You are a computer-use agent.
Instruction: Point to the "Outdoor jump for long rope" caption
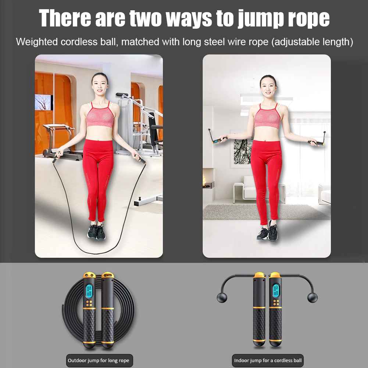(99, 361)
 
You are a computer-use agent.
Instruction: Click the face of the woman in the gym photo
(100, 85)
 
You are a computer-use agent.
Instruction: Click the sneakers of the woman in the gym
(97, 232)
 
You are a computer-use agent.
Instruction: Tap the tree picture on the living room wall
(243, 151)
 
